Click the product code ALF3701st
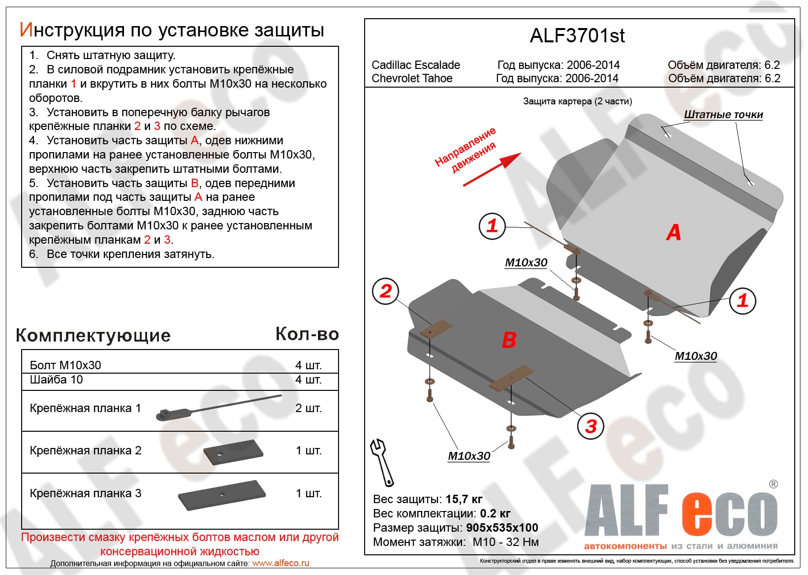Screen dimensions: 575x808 click(x=577, y=36)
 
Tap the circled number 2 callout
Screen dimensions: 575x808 click(x=386, y=291)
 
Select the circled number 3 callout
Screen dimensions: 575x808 click(x=590, y=426)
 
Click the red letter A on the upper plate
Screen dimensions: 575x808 click(x=674, y=232)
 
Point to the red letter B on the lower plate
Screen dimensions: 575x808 click(x=509, y=340)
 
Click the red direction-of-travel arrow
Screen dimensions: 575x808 click(x=492, y=169)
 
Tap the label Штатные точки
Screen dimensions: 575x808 click(x=723, y=115)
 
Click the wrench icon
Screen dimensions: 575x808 click(x=381, y=462)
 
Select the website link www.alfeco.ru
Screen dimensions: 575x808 click(x=280, y=563)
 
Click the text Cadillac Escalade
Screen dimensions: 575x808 click(x=416, y=65)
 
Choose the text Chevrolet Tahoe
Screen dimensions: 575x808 click(x=412, y=78)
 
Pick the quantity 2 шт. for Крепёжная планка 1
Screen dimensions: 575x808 click(x=309, y=408)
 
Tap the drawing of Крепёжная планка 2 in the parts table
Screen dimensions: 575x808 click(x=233, y=452)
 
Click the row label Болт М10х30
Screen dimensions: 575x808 click(x=65, y=365)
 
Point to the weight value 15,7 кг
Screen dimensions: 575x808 click(x=464, y=499)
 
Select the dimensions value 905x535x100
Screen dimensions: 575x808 click(x=502, y=528)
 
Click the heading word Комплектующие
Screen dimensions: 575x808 click(x=93, y=335)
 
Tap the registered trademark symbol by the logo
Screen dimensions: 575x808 click(x=774, y=484)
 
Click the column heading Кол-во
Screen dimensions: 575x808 click(x=307, y=334)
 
